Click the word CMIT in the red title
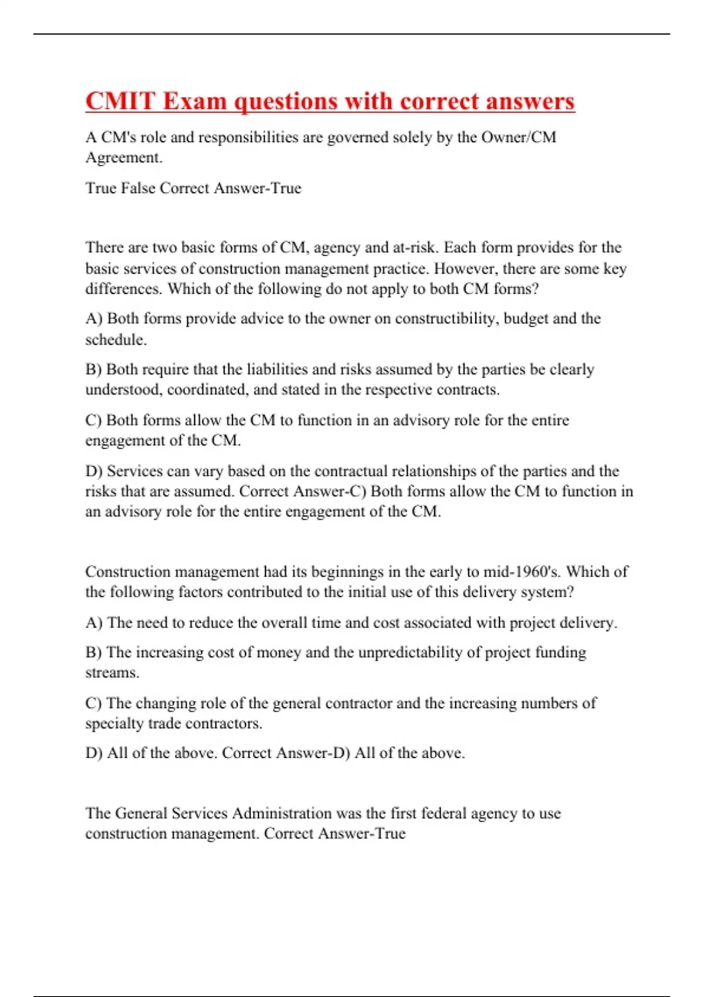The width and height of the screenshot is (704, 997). pos(121,101)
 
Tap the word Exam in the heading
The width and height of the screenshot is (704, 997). pos(195,101)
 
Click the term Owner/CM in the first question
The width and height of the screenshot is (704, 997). pos(519,137)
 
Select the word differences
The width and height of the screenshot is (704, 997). pos(124,289)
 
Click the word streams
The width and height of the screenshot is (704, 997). pos(112,673)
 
